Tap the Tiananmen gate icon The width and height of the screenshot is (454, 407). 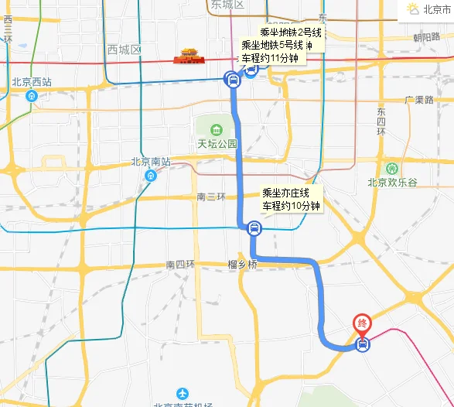(190, 56)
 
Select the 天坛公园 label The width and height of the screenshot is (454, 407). (216, 144)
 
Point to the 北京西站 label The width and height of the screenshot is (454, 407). (31, 81)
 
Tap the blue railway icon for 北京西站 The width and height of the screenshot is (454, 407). (31, 96)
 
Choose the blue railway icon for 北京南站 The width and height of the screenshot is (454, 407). (151, 176)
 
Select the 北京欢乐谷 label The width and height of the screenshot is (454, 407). (392, 183)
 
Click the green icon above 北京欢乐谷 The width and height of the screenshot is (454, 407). (392, 168)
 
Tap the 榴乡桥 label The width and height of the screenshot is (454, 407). (242, 265)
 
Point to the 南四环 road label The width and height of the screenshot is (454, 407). (180, 265)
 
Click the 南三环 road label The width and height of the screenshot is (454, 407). (210, 197)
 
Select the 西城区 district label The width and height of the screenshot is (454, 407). (124, 50)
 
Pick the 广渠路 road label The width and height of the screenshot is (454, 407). (419, 101)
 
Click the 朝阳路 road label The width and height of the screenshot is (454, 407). (426, 37)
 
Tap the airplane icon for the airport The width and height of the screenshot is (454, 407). (183, 393)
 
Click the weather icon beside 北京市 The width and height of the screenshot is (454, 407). (413, 9)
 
